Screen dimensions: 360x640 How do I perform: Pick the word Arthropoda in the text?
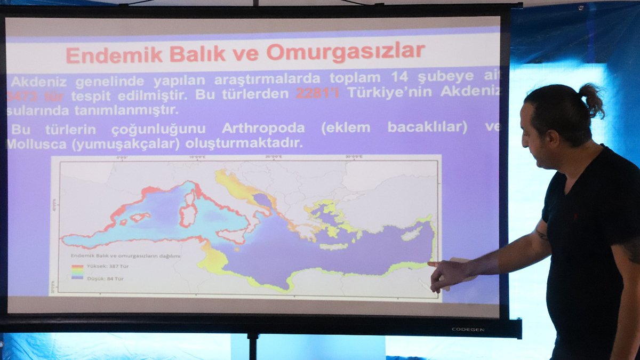[x=263, y=128]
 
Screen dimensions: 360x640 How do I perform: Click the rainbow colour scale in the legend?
[x=77, y=272]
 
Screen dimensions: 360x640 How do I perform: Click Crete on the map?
[x=333, y=246]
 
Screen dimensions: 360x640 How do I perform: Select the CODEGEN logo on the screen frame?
[x=468, y=330]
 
